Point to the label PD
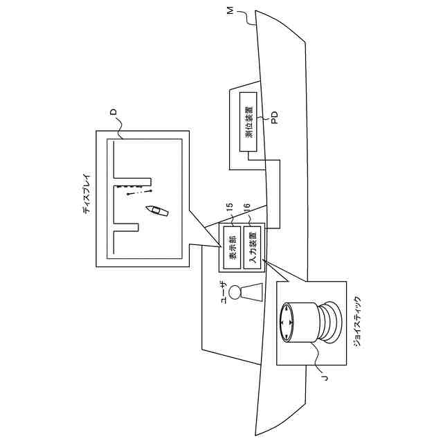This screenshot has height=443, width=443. tap(273, 119)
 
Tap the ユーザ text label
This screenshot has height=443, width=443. tap(223, 291)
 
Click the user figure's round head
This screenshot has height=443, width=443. tap(235, 292)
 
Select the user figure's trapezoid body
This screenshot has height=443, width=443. tap(253, 292)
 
